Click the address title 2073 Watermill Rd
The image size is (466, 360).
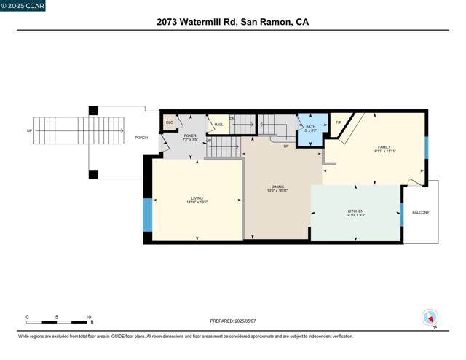coord(232,22)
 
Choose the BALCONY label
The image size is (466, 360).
coord(421,213)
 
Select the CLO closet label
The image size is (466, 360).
coord(170,122)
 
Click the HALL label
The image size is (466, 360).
coord(218,125)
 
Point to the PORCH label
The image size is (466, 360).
coord(142,138)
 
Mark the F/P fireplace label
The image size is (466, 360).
coord(338,122)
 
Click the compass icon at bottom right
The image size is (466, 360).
coord(430,318)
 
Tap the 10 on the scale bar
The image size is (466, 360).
coord(88,317)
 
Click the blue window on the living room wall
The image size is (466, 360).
coord(148,214)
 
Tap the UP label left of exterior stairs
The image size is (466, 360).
coord(29,132)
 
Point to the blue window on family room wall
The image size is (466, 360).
coord(426,148)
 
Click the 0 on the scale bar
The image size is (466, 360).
coord(27,317)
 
